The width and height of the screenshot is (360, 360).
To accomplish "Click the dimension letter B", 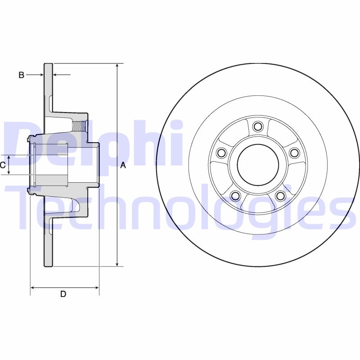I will (x=21, y=75).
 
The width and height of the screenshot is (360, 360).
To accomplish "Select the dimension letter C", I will (x=3, y=165).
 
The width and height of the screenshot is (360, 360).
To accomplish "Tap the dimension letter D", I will (x=63, y=294).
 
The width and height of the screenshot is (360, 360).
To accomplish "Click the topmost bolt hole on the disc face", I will (x=257, y=126).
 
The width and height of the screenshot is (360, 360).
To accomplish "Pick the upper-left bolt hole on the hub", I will (x=220, y=153).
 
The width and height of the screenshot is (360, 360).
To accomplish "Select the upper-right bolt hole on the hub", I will (x=294, y=153).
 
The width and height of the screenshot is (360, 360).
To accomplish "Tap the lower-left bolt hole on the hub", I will (x=234, y=195).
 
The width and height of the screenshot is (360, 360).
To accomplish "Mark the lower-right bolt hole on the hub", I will (x=280, y=195).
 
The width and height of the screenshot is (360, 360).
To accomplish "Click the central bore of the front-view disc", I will (x=257, y=165).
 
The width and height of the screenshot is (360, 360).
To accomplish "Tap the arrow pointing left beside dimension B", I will (x=56, y=75).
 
